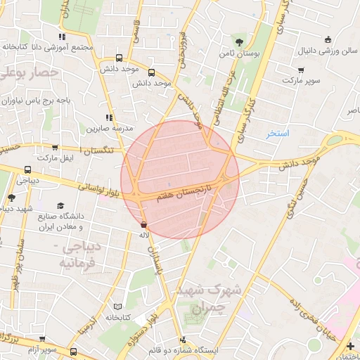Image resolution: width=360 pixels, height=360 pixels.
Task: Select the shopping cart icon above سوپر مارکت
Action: [302, 70]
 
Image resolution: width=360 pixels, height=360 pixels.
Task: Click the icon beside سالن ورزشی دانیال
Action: [328, 39]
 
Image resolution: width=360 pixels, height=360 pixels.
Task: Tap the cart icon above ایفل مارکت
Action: [55, 148]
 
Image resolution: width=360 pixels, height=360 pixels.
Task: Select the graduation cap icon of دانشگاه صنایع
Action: [60, 205]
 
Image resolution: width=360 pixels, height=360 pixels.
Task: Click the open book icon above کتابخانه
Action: [117, 307]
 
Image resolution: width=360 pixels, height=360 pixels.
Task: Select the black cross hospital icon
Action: [351, 345]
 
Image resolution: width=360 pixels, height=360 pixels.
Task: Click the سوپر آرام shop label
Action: [42, 349]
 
